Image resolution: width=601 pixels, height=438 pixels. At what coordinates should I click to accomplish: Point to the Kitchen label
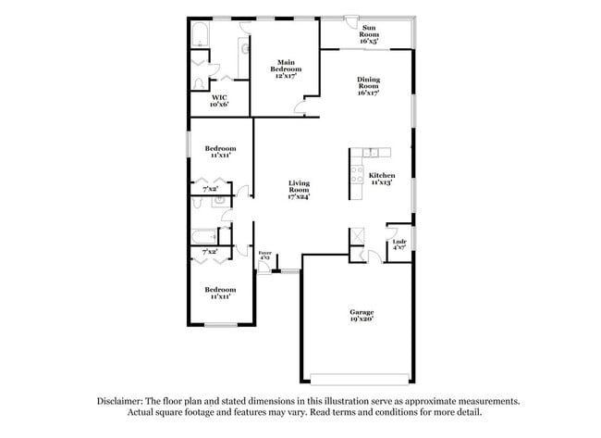click(382, 175)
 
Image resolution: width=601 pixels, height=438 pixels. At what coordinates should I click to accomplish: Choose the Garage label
click(361, 311)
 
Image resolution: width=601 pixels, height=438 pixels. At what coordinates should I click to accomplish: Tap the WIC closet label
click(219, 97)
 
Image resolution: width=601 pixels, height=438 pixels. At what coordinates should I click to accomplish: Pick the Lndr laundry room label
click(399, 242)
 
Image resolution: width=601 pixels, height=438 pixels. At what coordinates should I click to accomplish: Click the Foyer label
click(264, 251)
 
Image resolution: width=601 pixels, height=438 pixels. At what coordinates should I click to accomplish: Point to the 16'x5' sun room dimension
click(369, 41)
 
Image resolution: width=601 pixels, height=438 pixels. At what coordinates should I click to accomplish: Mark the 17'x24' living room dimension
click(298, 195)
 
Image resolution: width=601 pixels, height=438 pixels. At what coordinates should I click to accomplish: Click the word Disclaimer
click(123, 400)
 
